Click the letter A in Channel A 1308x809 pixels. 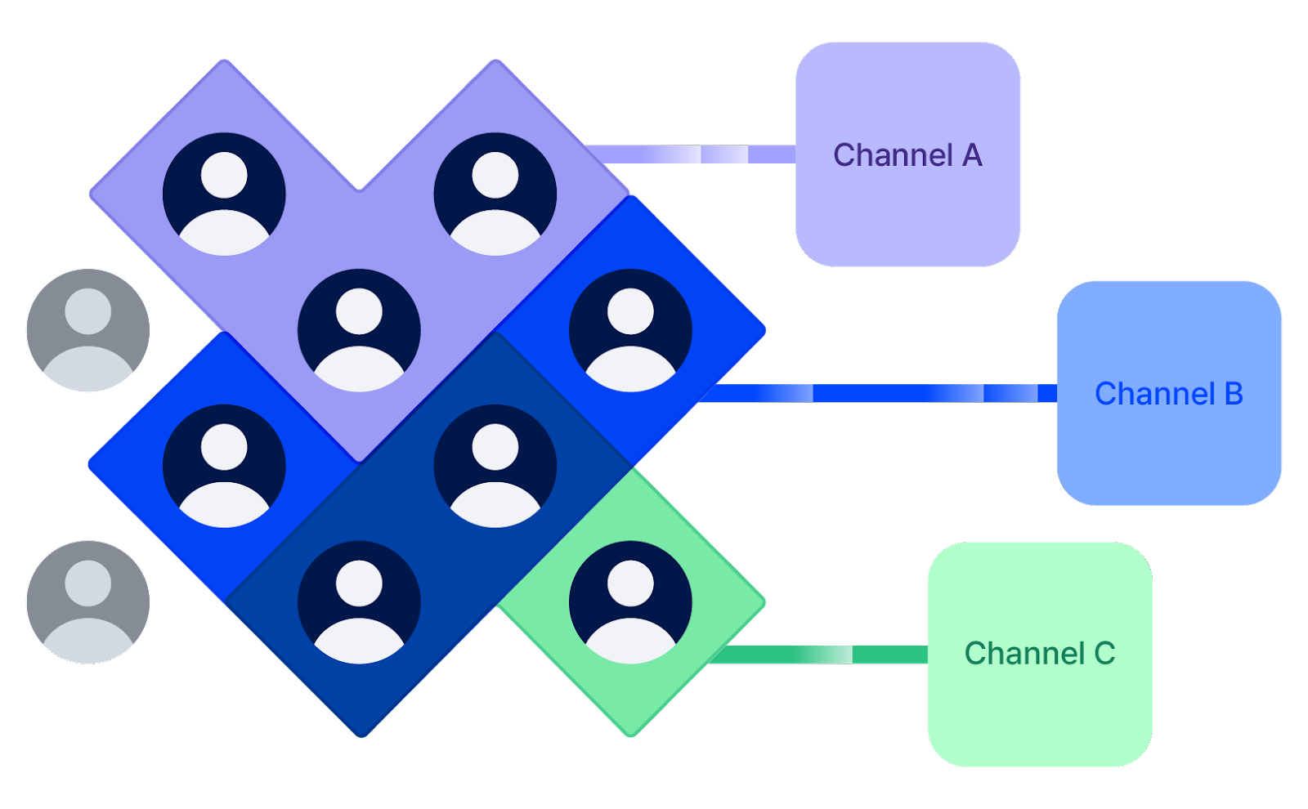pos(972,155)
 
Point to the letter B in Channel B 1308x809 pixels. pos(1234,394)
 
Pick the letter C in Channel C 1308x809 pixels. pos(1104,654)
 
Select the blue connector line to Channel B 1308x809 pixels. pos(883,393)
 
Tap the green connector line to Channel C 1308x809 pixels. pos(817,655)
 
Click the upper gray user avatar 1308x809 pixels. pos(88,330)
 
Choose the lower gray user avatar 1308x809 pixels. pos(88,601)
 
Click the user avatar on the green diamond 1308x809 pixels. pos(630,601)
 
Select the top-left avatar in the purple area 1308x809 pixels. pos(224,194)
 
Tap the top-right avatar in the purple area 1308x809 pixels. pos(495,194)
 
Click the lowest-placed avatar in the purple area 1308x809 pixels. pos(359,330)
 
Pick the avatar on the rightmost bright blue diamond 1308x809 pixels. pos(630,330)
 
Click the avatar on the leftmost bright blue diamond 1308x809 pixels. pos(224,466)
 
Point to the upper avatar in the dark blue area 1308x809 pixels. pos(495,466)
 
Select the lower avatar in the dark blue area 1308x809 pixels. pos(359,601)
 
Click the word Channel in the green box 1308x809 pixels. pos(1024,654)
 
